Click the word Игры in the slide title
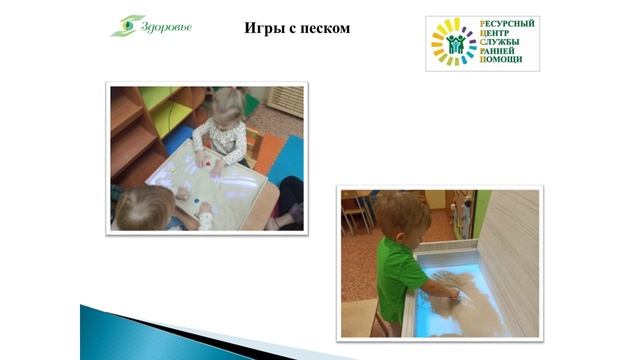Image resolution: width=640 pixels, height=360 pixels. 263,28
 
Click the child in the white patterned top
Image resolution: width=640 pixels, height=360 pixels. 222,130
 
